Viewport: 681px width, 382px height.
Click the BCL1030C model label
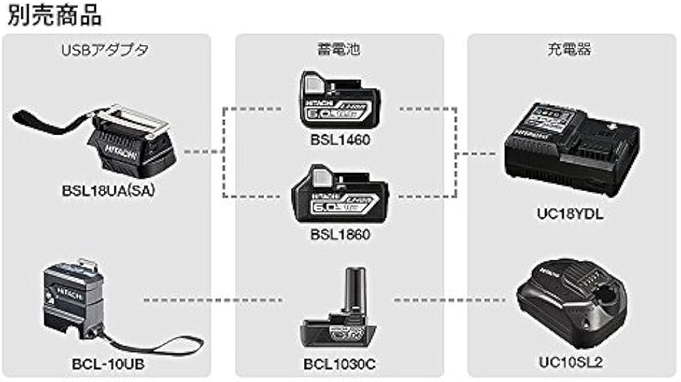click(339, 364)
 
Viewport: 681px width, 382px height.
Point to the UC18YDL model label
click(571, 214)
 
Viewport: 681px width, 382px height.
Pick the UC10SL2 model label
click(571, 364)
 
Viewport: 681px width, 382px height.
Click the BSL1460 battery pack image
click(340, 101)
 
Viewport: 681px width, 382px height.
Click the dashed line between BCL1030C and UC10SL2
click(453, 300)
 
